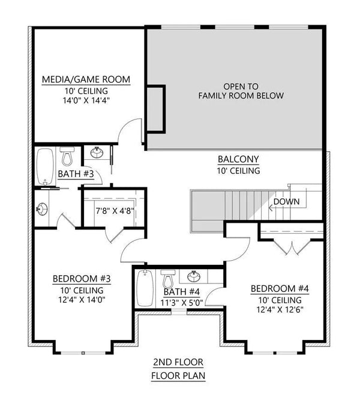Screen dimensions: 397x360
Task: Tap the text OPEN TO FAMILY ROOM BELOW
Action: pos(242,91)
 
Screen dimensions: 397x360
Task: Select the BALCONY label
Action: pos(238,159)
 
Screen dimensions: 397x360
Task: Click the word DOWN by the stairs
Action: pos(286,201)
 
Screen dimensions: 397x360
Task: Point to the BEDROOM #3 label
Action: pos(82,279)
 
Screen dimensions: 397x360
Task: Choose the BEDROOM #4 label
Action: pos(280,289)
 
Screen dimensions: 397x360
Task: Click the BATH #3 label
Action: pos(76,174)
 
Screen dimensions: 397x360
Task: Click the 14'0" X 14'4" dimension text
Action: pos(88,101)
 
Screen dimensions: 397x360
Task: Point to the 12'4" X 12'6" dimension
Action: pos(280,311)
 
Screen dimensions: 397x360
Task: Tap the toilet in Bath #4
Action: pos(169,279)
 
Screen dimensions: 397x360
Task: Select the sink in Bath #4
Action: pos(194,277)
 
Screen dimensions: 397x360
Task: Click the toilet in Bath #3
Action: pos(67,157)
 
